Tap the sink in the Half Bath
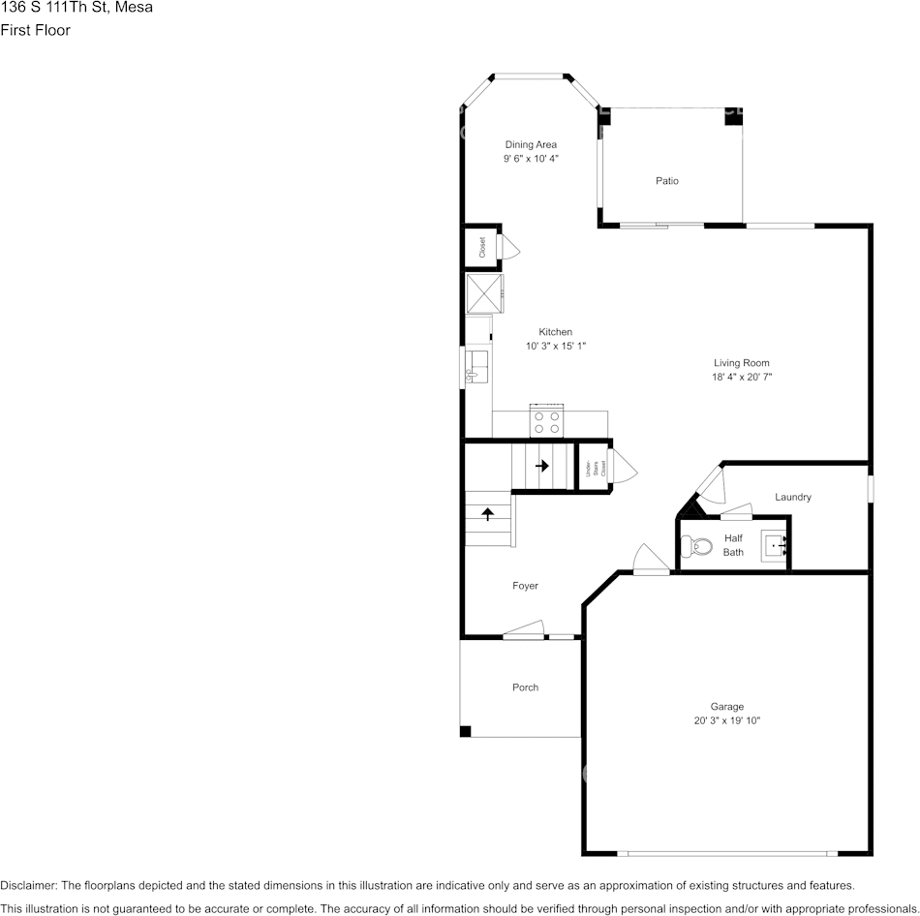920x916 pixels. click(777, 546)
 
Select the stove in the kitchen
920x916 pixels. click(547, 423)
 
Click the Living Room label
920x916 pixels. click(742, 363)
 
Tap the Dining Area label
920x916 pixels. click(531, 144)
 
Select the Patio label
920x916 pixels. click(666, 181)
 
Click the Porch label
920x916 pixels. click(525, 687)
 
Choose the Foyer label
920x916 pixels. click(525, 586)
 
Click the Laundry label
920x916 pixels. click(792, 497)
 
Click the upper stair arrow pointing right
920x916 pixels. click(542, 466)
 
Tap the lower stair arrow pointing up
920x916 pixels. click(487, 513)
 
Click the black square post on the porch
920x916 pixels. click(465, 731)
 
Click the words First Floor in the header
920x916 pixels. click(35, 30)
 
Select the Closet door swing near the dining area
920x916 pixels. click(509, 249)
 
